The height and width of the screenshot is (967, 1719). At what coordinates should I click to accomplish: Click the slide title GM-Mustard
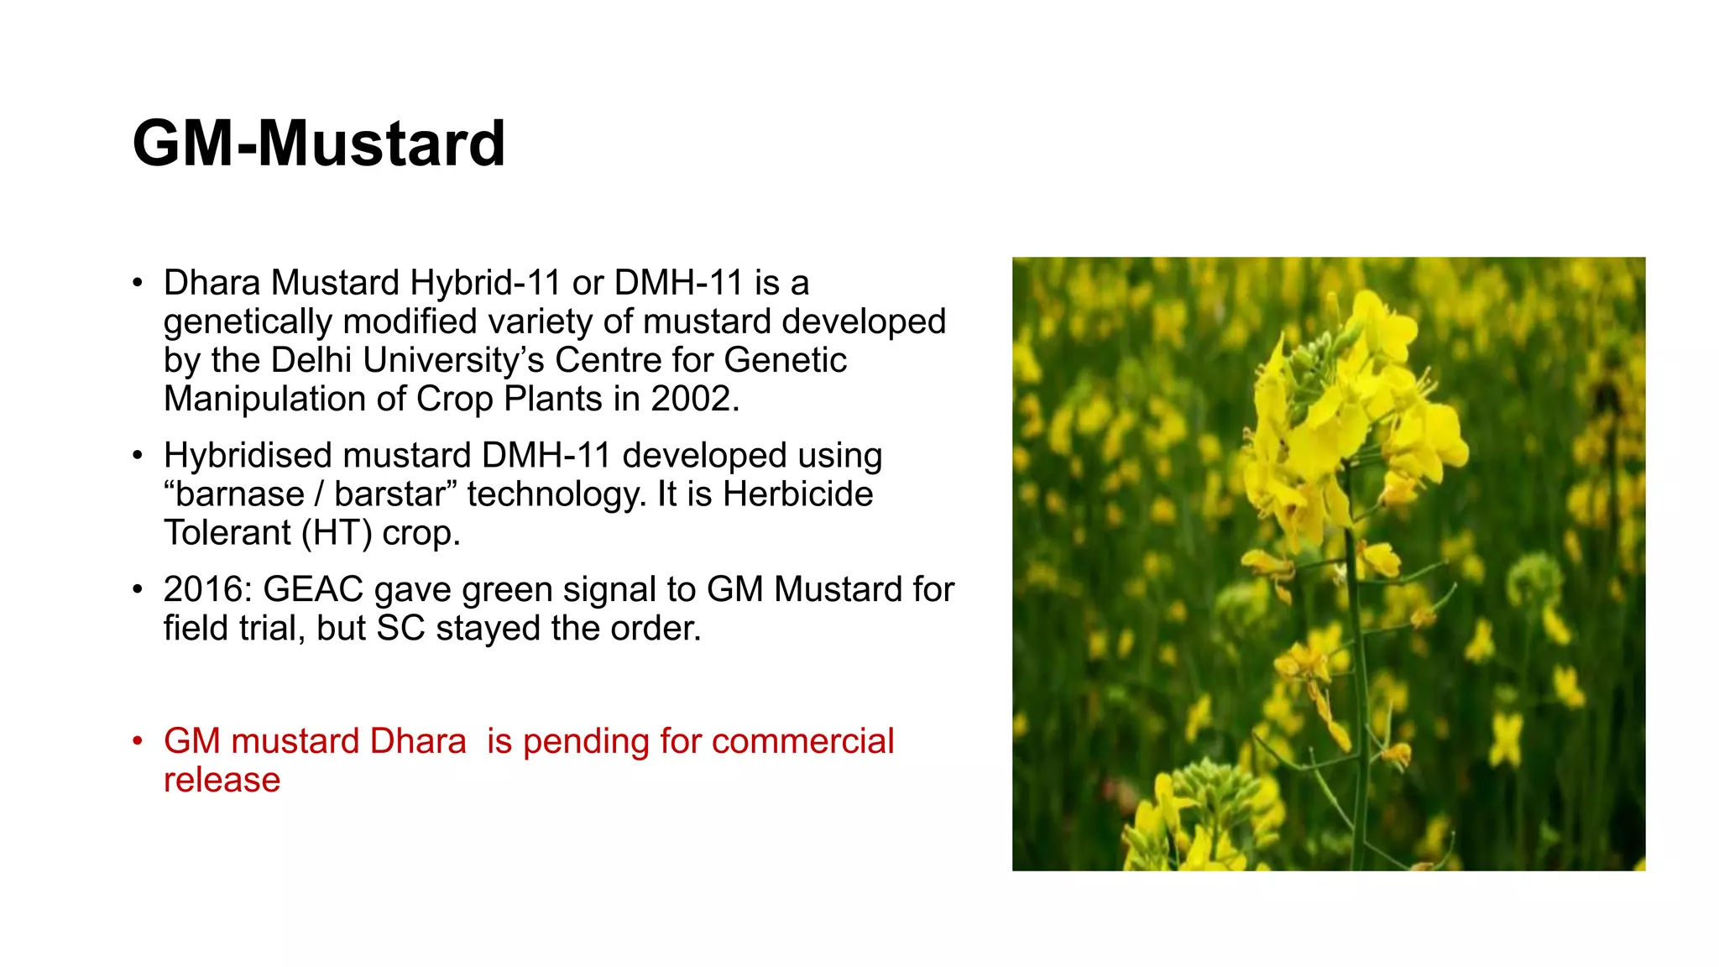319,144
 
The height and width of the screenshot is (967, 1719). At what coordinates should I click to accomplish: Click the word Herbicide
797,494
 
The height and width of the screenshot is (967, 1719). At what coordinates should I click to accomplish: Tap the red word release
222,780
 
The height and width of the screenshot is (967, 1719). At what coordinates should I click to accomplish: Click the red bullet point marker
138,742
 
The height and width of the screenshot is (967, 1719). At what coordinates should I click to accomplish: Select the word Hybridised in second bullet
247,456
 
